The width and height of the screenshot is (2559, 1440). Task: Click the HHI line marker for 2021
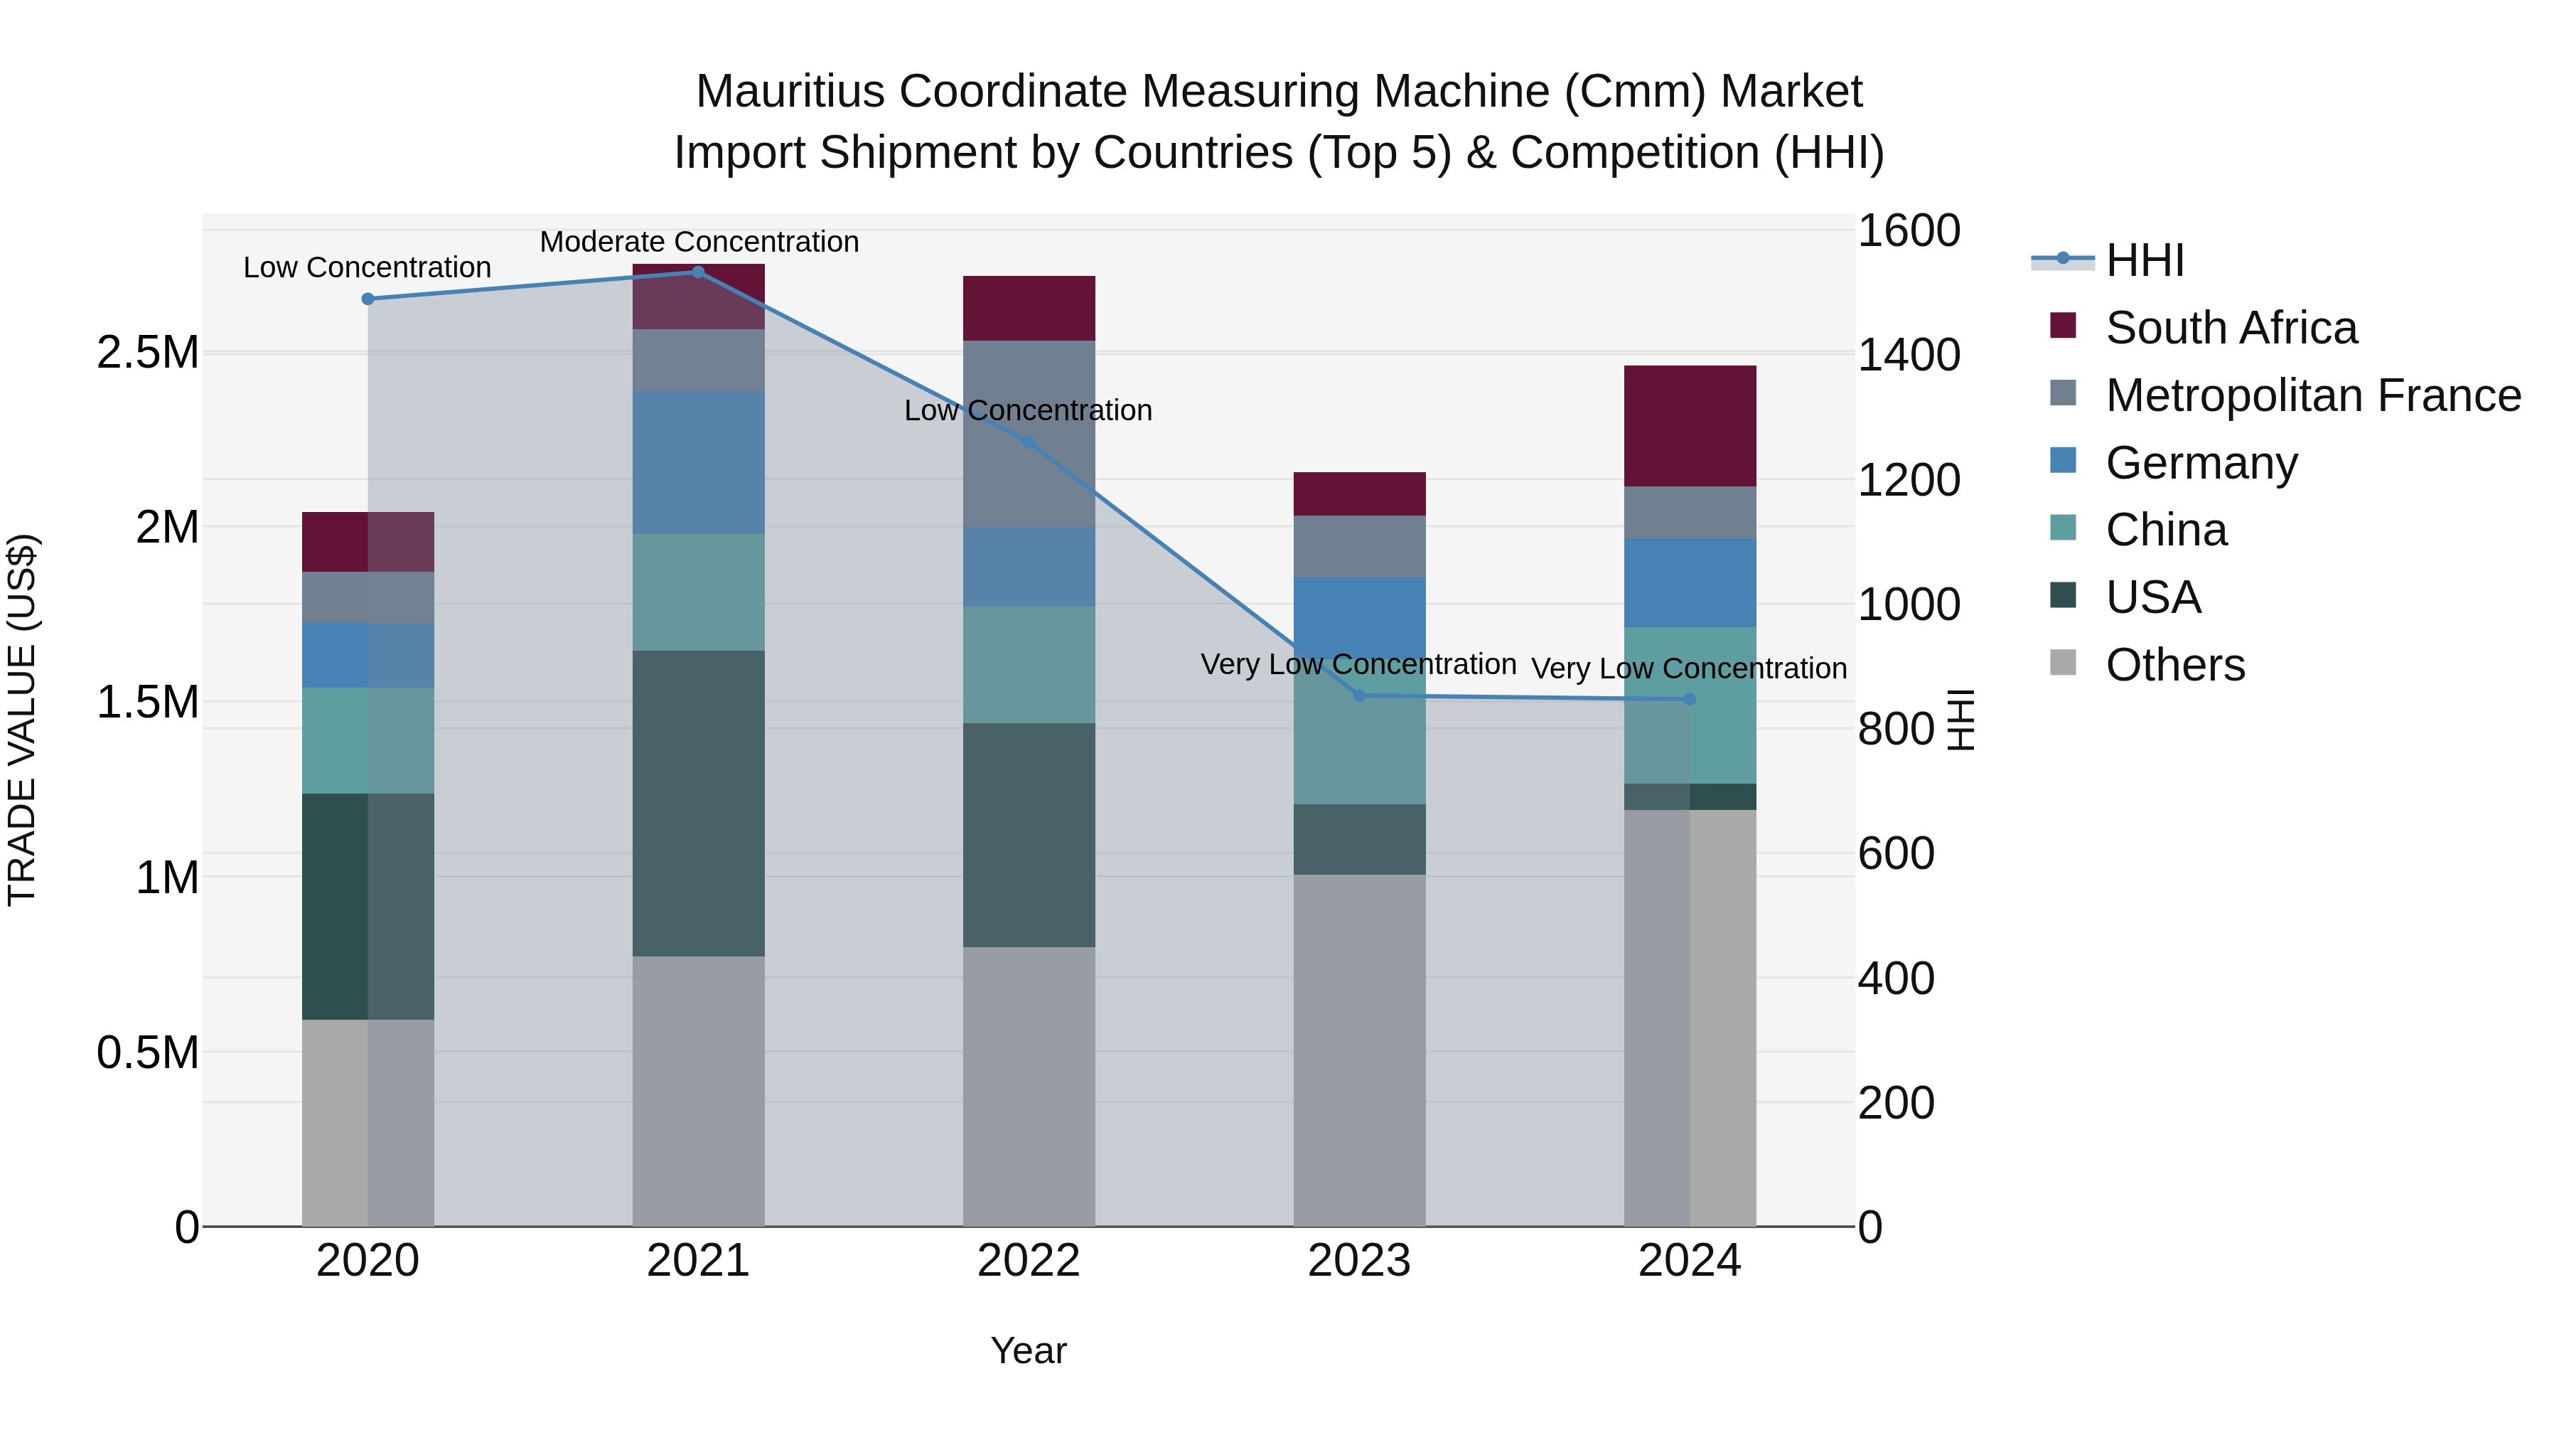pos(697,272)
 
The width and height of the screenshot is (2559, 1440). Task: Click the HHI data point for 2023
pos(1359,695)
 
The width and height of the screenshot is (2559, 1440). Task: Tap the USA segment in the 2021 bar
pos(697,803)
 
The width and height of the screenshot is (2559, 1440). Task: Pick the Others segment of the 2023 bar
pos(1359,1050)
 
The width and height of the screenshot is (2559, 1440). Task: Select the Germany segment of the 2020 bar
pos(368,655)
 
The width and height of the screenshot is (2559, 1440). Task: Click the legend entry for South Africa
pos(2230,328)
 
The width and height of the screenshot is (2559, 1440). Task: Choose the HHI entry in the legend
pos(2144,260)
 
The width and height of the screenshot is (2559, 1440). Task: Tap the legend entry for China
pos(2166,530)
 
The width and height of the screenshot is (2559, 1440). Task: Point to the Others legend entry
pos(2174,665)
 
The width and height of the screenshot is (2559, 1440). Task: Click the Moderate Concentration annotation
pos(698,242)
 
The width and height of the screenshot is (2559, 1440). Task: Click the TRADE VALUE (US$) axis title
pos(22,720)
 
